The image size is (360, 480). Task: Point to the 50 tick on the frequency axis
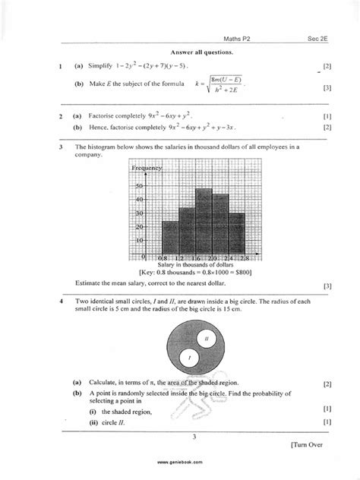[x=139, y=185]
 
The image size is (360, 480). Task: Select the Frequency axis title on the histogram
[x=147, y=167]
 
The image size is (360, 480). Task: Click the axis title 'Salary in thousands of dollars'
[x=195, y=265]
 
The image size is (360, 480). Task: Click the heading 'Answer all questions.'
[x=201, y=52]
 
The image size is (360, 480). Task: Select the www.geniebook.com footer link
[x=180, y=462]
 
